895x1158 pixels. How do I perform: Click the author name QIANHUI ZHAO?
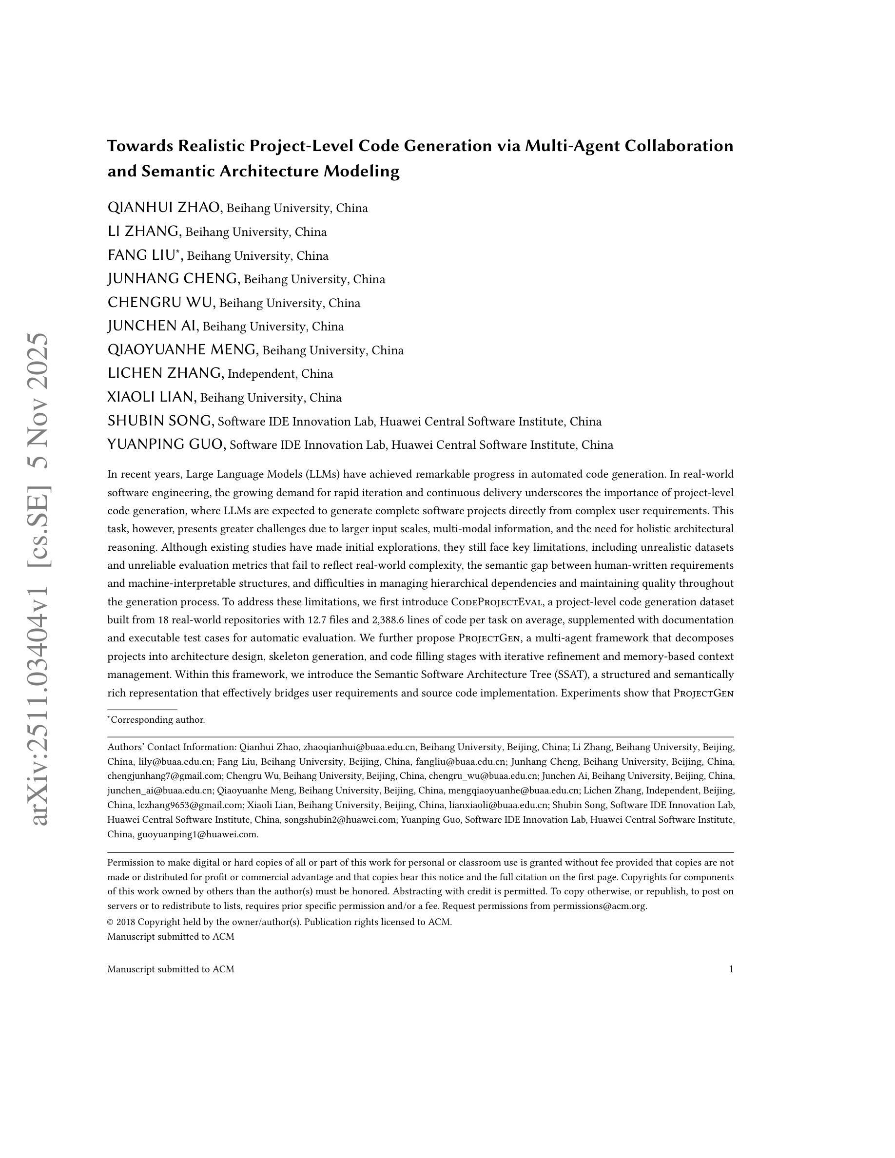164,207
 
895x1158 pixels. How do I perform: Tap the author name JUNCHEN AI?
152,326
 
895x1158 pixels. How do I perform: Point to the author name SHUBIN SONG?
159,421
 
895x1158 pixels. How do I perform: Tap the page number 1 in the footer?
731,969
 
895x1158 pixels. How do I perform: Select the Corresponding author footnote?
157,719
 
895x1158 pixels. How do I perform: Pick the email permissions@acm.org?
599,906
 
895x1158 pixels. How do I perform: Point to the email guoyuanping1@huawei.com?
197,834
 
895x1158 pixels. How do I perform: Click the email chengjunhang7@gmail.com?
164,776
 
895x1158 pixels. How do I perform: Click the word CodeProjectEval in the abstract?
497,602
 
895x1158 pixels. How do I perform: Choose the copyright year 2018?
126,922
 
